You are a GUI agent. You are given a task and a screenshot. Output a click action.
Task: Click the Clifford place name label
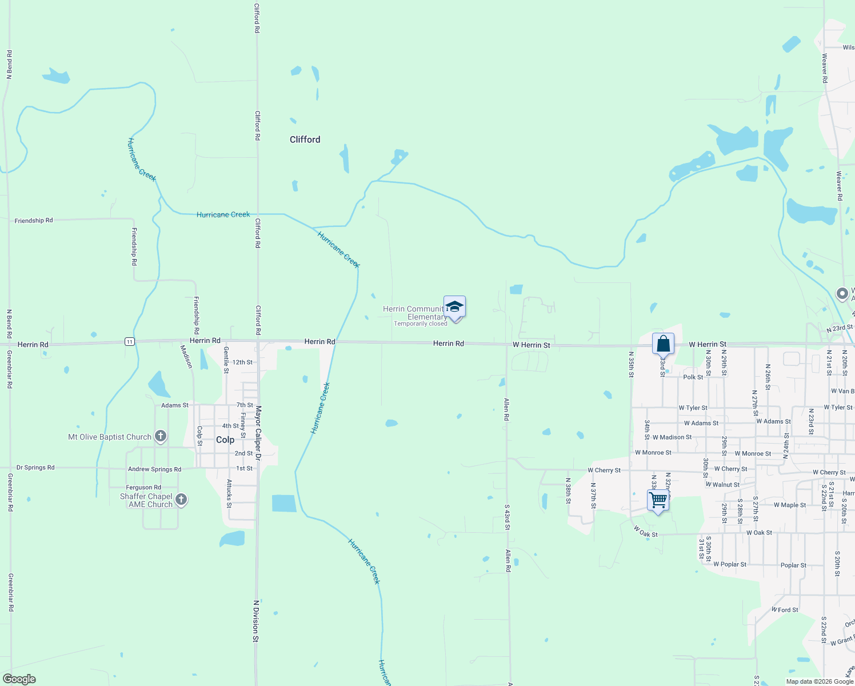305,139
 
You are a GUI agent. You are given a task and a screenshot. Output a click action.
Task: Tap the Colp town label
225,440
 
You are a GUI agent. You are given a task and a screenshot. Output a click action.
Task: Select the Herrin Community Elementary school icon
454,307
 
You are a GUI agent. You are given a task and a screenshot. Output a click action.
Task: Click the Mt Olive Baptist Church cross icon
161,437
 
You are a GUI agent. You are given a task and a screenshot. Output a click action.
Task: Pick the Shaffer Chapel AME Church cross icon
181,500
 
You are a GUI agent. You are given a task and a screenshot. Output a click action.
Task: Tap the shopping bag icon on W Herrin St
663,344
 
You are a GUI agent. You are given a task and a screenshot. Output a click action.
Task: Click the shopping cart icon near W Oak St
658,500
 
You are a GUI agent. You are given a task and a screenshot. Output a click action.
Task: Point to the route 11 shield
130,342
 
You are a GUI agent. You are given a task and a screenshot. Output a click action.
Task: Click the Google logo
19,679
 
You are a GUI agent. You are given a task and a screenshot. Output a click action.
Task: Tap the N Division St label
256,621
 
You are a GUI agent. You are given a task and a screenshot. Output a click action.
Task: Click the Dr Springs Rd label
35,468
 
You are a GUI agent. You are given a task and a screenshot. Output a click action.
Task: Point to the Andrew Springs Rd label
154,469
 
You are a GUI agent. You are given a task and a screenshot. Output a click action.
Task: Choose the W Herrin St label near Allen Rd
531,345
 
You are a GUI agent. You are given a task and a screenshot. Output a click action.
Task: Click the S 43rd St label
507,517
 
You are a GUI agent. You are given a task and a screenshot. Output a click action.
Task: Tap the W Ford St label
785,610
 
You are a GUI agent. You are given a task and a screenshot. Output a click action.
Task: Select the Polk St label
693,377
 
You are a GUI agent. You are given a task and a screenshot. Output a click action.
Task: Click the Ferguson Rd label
143,488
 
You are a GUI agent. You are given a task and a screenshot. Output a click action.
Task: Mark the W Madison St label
672,437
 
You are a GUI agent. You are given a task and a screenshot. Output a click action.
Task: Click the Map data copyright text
820,681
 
